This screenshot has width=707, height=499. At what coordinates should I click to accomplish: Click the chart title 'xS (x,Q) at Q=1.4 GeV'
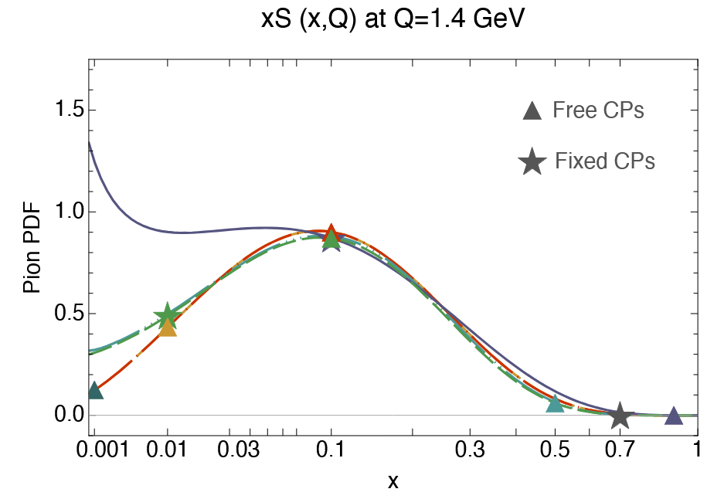click(393, 19)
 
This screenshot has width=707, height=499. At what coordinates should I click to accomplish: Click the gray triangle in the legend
click(532, 111)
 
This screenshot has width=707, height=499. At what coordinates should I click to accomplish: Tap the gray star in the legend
click(532, 162)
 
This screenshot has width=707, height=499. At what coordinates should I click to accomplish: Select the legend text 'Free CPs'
click(598, 110)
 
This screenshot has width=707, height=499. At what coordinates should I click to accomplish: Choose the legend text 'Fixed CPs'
click(605, 161)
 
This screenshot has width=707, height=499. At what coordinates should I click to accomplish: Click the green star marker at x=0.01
click(167, 315)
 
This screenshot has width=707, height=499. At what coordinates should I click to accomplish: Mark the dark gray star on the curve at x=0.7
click(620, 416)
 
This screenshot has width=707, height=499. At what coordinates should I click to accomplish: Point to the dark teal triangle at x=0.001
click(94, 391)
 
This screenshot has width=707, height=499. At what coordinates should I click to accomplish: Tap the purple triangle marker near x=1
click(674, 416)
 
